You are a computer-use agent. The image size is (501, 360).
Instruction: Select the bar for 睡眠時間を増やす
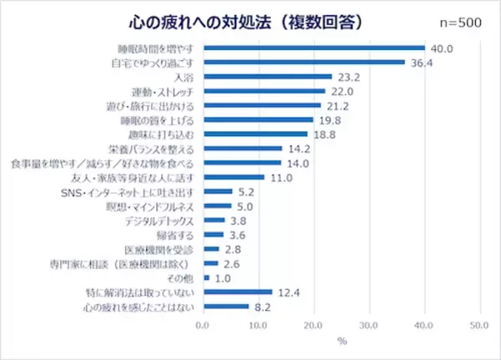pos(313,47)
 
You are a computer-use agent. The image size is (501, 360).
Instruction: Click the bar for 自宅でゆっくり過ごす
pos(303,62)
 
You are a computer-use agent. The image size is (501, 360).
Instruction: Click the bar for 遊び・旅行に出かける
pos(261,105)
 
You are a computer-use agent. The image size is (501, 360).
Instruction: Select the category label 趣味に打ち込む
pos(161,134)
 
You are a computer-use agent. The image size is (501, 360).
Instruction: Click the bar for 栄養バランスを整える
pos(240,149)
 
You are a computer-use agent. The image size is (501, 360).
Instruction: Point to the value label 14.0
pos(295,163)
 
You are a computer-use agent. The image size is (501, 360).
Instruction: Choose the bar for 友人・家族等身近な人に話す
pos(232,177)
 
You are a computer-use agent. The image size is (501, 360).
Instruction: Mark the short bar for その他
pos(204,278)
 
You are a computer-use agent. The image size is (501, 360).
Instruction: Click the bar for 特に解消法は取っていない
pos(236,292)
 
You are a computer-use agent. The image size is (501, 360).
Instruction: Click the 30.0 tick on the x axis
pos(368,324)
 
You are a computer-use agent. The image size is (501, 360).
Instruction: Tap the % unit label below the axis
pos(340,340)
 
